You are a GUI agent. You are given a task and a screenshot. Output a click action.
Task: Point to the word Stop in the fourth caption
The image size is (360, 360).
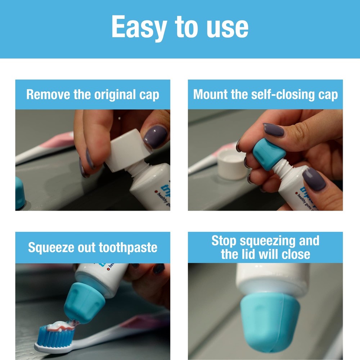pyautogui.click(x=224, y=240)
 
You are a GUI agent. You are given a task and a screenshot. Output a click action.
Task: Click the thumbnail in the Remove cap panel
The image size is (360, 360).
pyautogui.click(x=156, y=136)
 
